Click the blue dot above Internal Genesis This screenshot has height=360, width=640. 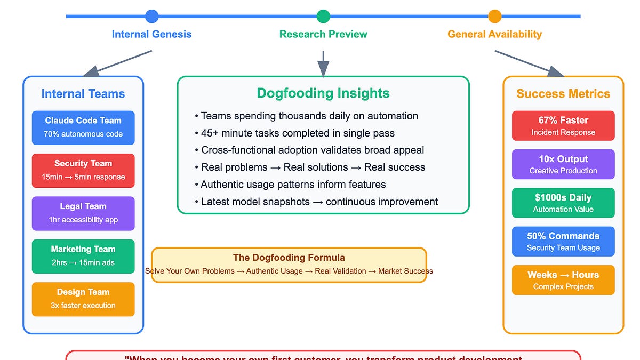152,17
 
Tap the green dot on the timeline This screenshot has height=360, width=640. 323,17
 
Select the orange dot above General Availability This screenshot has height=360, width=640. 495,17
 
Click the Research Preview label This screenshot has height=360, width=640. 323,34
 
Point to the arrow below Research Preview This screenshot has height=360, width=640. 323,64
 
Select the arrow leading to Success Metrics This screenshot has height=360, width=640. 528,62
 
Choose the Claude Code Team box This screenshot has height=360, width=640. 83,127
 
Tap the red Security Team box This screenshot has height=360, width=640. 83,170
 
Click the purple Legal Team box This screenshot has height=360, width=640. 83,213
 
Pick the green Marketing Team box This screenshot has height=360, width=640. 83,256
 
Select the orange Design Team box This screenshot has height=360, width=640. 83,299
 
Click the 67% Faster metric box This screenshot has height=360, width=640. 563,126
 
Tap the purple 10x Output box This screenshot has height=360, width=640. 563,164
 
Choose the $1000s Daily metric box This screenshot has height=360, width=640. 563,203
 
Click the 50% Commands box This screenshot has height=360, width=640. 563,242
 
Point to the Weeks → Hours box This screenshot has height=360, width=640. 563,280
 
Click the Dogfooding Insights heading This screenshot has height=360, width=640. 323,93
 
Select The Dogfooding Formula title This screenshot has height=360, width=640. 289,258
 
